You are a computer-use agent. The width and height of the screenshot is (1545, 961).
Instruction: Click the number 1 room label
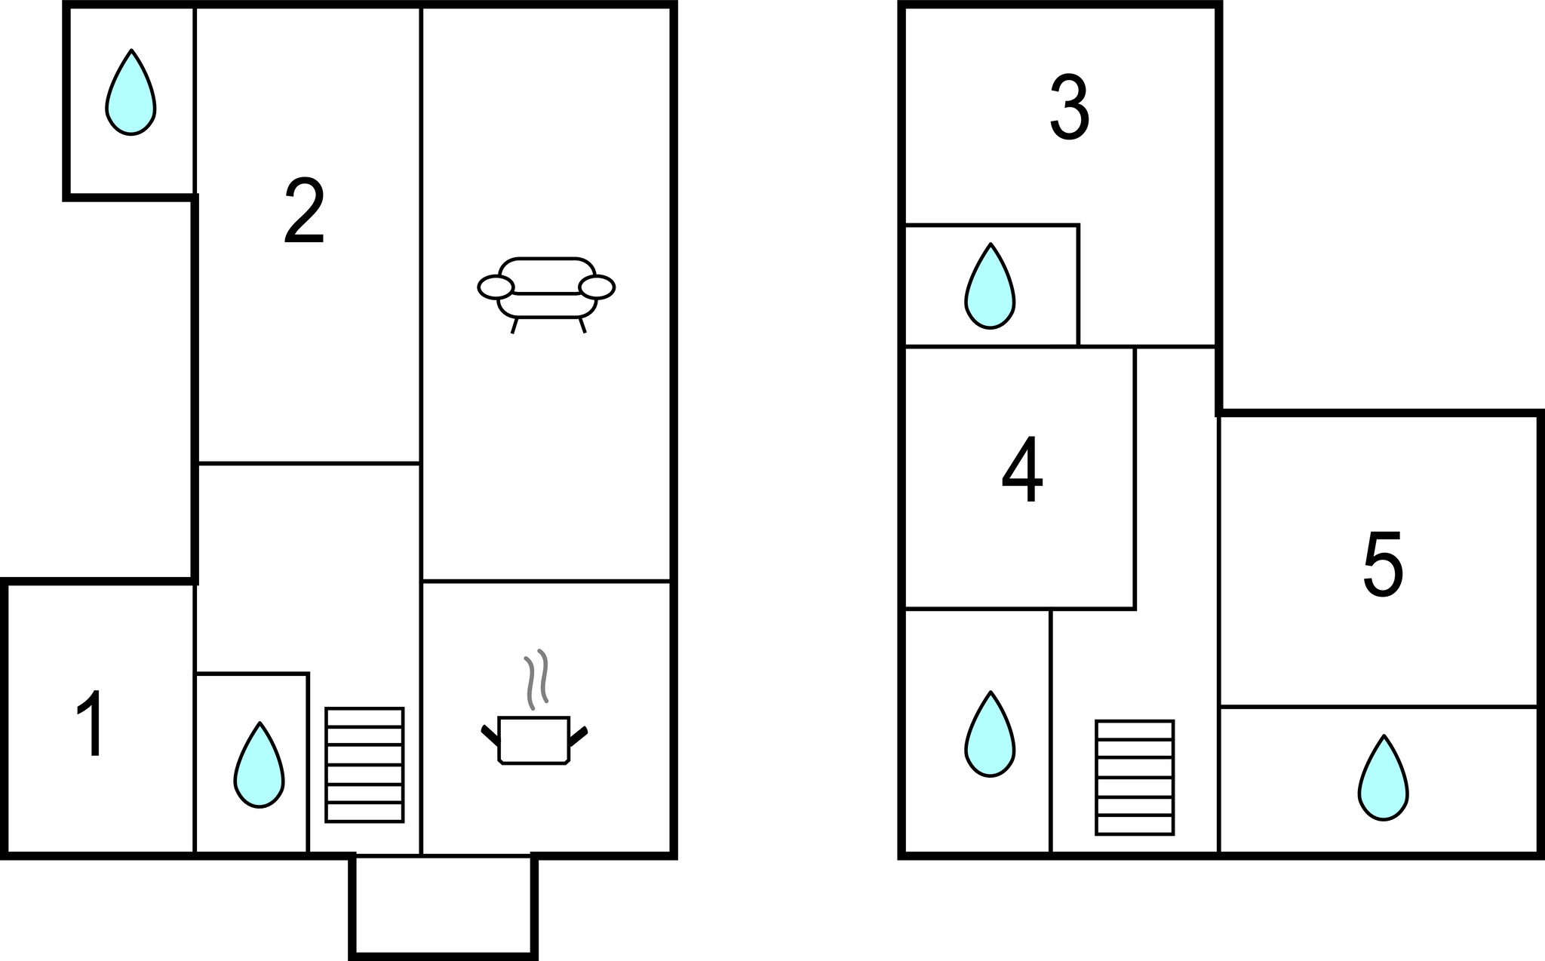click(x=91, y=723)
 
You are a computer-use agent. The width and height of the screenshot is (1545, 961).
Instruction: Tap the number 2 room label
click(x=304, y=211)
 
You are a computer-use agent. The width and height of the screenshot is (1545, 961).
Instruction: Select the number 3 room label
click(x=1070, y=109)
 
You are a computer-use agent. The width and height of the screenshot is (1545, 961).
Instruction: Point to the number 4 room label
click(x=1022, y=470)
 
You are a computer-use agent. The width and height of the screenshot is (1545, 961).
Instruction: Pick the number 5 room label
click(x=1383, y=565)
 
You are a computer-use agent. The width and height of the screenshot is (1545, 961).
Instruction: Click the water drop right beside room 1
click(x=260, y=766)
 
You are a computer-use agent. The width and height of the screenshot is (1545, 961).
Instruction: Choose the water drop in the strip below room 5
click(x=1384, y=778)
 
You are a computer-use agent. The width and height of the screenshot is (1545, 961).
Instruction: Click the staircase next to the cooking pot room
click(x=364, y=764)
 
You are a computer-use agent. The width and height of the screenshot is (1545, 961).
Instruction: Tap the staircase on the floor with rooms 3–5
click(x=1135, y=778)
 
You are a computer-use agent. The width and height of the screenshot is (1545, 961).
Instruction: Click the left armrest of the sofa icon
click(x=496, y=287)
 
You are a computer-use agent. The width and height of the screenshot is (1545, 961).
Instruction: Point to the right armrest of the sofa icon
click(x=597, y=287)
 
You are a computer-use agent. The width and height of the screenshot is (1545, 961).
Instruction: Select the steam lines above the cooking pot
click(x=536, y=678)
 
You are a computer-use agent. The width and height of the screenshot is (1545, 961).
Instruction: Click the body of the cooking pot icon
click(x=534, y=740)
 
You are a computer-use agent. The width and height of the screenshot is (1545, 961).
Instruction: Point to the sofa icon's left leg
click(x=514, y=326)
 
